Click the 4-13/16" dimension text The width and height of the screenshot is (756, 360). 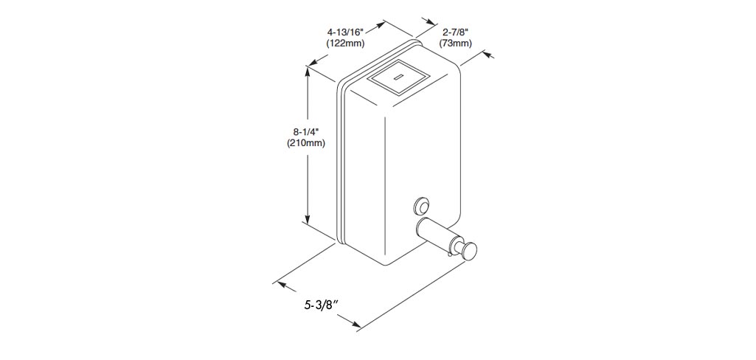tap(345, 32)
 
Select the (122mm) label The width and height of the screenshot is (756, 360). tap(345, 44)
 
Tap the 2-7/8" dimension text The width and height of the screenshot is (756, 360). tap(455, 32)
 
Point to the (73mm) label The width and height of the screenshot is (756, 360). tap(455, 44)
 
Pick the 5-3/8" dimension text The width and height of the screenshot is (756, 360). tap(320, 305)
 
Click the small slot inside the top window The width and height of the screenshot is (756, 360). tap(399, 77)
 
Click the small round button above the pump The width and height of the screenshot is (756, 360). tap(421, 205)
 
